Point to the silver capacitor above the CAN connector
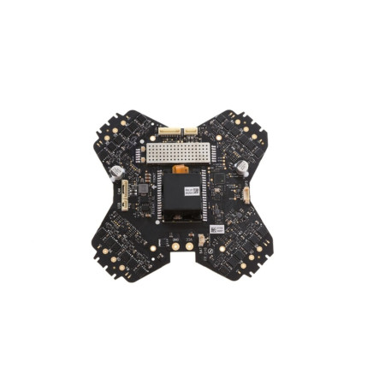(x=115, y=170)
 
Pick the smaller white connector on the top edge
(x=191, y=132)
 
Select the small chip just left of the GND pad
(x=163, y=242)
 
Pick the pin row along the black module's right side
(x=207, y=198)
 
